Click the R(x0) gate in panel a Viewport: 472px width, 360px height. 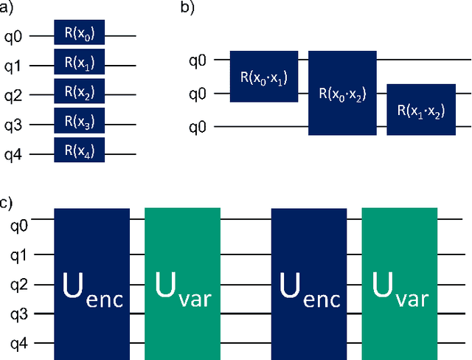[79, 34]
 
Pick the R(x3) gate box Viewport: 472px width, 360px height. [79, 122]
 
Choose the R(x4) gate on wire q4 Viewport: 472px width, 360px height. [79, 152]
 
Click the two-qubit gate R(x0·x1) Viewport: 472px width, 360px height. [264, 77]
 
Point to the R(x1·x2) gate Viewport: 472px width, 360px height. [421, 110]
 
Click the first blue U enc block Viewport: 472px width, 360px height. [93, 284]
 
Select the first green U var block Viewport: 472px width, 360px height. [182, 284]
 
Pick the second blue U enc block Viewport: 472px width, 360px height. [309, 284]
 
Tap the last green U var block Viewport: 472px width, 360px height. [399, 284]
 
